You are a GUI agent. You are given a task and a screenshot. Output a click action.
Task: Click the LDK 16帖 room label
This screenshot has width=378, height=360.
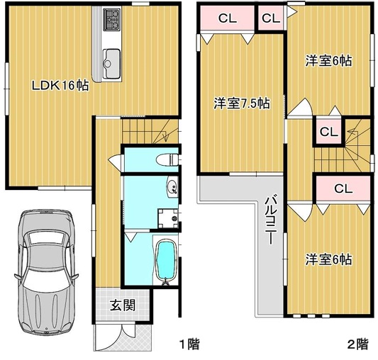[60, 85]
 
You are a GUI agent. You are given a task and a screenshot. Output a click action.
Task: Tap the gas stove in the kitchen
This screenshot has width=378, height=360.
[111, 20]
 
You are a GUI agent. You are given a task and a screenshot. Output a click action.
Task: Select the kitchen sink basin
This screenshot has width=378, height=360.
[111, 63]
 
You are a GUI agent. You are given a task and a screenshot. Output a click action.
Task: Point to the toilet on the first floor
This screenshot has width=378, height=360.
[167, 159]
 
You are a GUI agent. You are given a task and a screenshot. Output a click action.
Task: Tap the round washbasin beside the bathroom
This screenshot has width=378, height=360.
[172, 187]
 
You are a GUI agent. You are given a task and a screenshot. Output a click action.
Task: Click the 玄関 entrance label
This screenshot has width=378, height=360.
[123, 305]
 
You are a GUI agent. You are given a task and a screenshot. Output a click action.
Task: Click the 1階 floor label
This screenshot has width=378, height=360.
[190, 344]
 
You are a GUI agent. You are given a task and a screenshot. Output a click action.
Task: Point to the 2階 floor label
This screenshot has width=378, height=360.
[357, 344]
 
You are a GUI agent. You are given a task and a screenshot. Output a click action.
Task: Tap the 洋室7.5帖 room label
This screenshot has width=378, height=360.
[242, 103]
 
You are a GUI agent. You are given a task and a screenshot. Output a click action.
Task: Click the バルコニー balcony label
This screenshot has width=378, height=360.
[271, 220]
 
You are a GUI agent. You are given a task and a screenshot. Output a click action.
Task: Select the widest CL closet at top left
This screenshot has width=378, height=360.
[227, 18]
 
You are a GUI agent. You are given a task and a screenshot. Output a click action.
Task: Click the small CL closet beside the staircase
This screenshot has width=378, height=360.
[328, 132]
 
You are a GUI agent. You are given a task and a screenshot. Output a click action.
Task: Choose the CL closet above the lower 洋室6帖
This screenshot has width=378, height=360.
[343, 189]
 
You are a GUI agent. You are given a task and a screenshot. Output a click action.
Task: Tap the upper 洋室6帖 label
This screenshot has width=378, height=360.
[328, 60]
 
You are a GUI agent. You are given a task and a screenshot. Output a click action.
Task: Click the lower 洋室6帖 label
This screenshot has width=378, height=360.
[328, 259]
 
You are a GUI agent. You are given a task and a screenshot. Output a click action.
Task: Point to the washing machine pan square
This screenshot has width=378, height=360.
[168, 218]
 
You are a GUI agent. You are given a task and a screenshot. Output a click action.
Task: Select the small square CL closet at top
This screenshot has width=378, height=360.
[271, 18]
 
